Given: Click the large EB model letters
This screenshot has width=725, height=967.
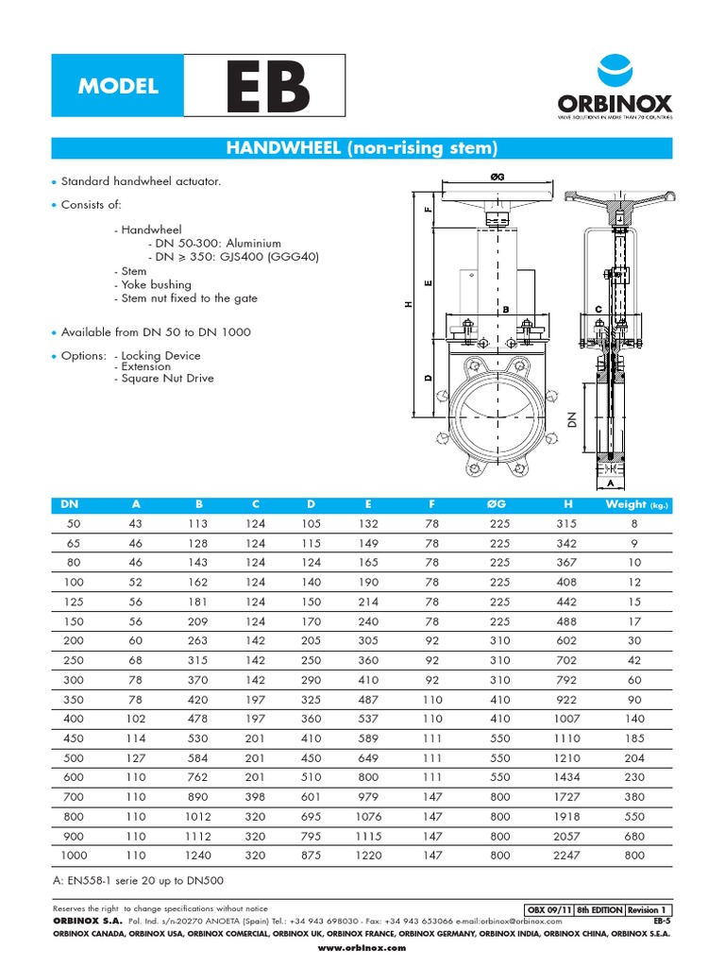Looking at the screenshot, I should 265,88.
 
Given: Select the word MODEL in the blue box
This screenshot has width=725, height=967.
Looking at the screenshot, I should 118,87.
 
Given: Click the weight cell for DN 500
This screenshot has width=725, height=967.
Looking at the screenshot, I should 634,757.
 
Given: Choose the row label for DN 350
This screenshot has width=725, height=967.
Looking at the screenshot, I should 73,699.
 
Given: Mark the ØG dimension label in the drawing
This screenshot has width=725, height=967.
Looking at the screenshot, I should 497,177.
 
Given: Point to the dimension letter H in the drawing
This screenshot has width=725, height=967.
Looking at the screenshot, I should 408,304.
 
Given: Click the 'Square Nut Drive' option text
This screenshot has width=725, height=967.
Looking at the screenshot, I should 164,379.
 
